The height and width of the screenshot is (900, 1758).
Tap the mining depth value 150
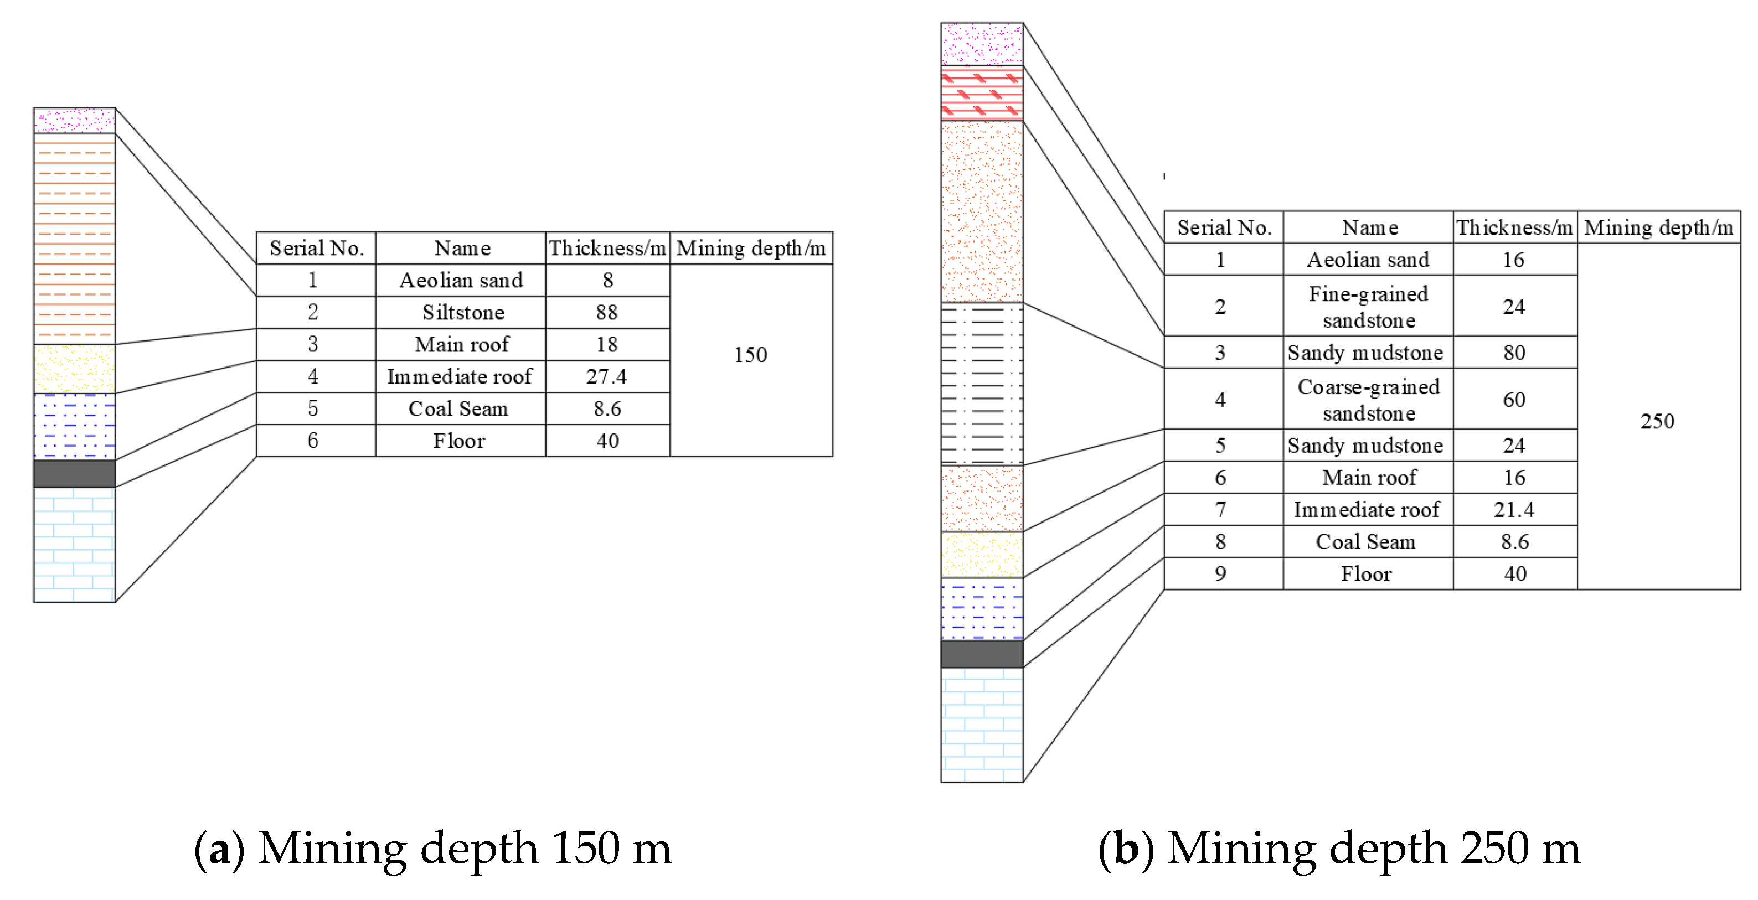pyautogui.click(x=750, y=355)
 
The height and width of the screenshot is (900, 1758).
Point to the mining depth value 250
pyautogui.click(x=1657, y=421)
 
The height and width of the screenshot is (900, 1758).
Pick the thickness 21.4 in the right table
pyautogui.click(x=1513, y=510)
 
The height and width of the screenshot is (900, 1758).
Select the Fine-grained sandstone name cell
pyautogui.click(x=1368, y=307)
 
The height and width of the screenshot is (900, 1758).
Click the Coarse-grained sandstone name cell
pyautogui.click(x=1368, y=399)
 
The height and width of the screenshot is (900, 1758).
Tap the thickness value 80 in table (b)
pyautogui.click(x=1514, y=352)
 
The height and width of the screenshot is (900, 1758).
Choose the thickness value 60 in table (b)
pyautogui.click(x=1514, y=399)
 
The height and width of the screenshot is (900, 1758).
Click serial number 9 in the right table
pyautogui.click(x=1220, y=574)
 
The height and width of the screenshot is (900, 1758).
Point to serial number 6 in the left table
pyautogui.click(x=312, y=440)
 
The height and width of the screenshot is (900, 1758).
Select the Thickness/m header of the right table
pyautogui.click(x=1514, y=227)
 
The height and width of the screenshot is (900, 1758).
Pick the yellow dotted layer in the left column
pyautogui.click(x=74, y=369)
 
